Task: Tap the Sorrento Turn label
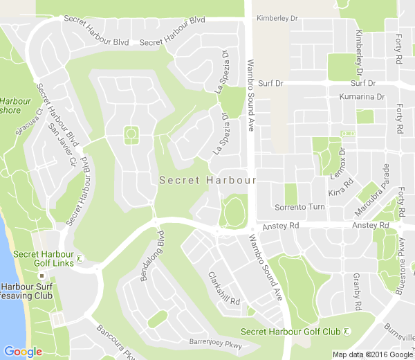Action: [299, 208]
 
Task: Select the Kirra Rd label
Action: [340, 187]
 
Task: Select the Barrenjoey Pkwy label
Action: [216, 342]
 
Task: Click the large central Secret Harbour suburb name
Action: [207, 180]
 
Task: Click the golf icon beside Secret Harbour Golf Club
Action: [347, 332]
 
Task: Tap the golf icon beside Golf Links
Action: [80, 259]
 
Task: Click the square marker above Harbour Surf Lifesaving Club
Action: [41, 276]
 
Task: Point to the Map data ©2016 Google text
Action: [372, 354]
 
